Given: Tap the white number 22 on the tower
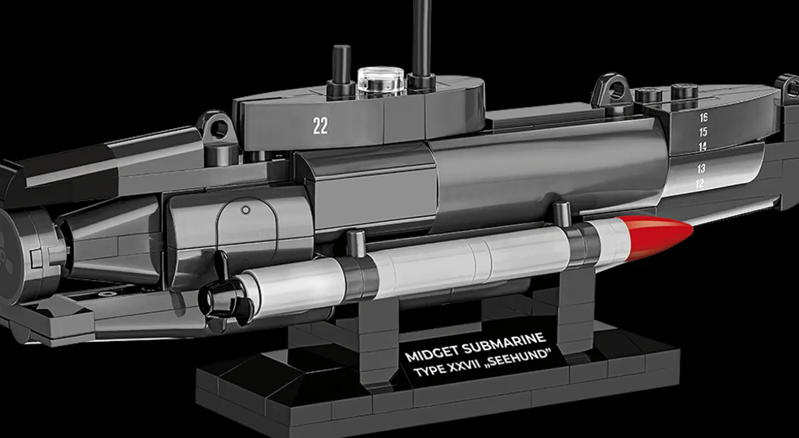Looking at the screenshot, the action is [x=320, y=126].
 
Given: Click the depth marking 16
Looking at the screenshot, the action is [x=704, y=117].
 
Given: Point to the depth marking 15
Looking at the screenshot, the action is [x=703, y=132].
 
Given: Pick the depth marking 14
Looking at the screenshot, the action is [x=702, y=146].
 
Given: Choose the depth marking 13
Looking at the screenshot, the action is [x=701, y=168].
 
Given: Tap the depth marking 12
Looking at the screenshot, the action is [x=700, y=183].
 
